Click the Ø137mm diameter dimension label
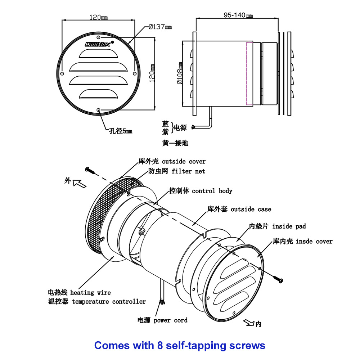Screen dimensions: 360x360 (160, 27)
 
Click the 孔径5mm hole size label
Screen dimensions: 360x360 (121, 131)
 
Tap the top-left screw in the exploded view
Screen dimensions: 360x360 (90, 170)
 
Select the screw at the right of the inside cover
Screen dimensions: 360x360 (278, 278)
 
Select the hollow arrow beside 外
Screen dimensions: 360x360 (80, 184)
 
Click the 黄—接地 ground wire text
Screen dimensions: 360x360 (175, 143)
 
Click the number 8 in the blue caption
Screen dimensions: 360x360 (160, 346)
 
